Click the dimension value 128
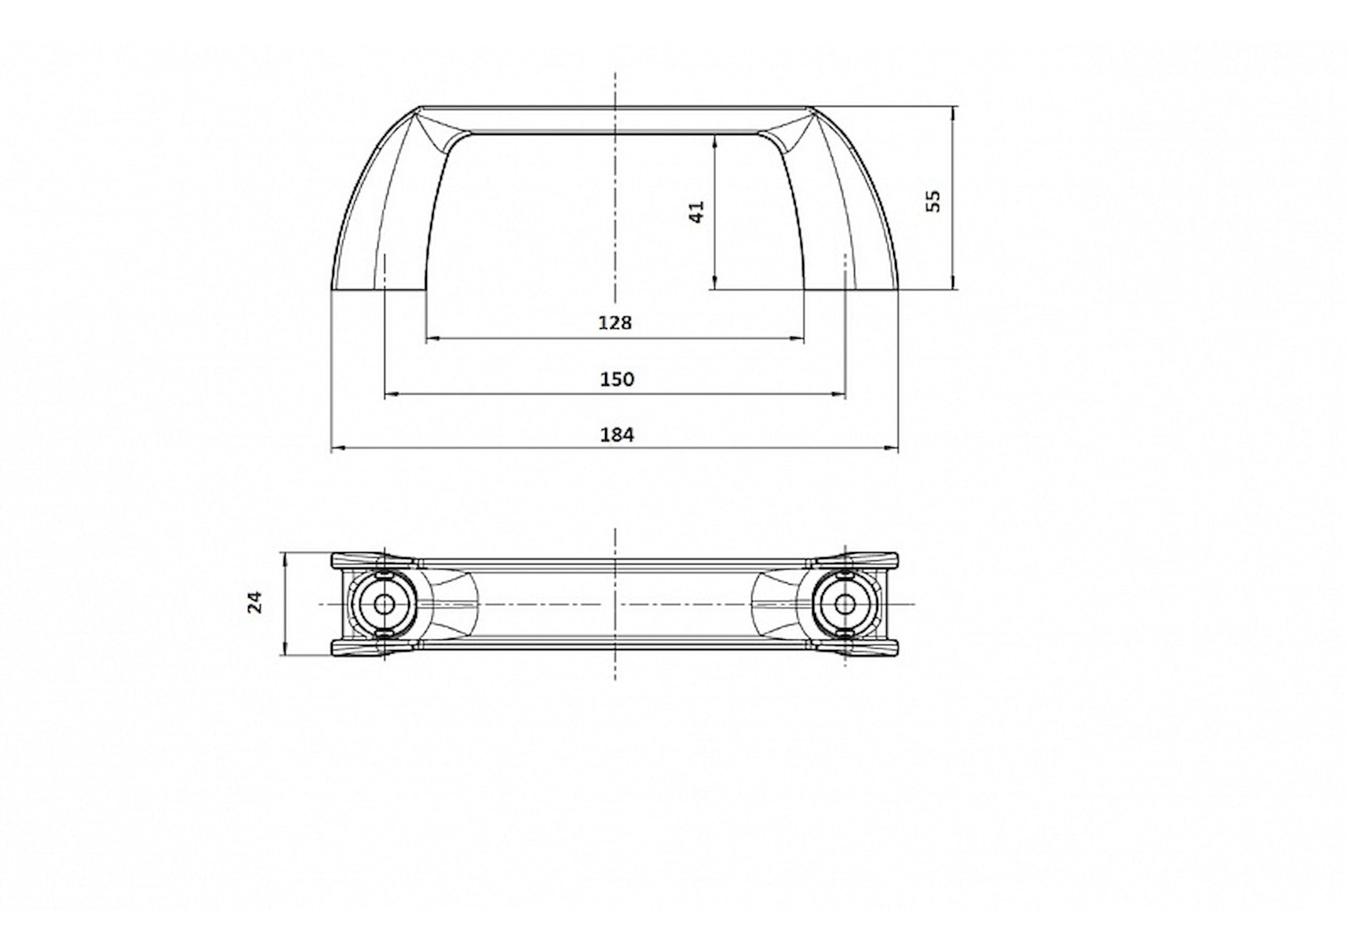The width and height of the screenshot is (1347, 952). [615, 323]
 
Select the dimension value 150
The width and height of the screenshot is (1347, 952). [617, 379]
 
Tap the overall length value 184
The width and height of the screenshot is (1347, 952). [617, 435]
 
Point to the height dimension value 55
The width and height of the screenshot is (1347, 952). [933, 200]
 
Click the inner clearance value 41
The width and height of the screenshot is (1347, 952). [696, 212]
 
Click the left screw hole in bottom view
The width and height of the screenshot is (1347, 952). [384, 603]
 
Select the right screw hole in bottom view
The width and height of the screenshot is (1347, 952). [845, 603]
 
